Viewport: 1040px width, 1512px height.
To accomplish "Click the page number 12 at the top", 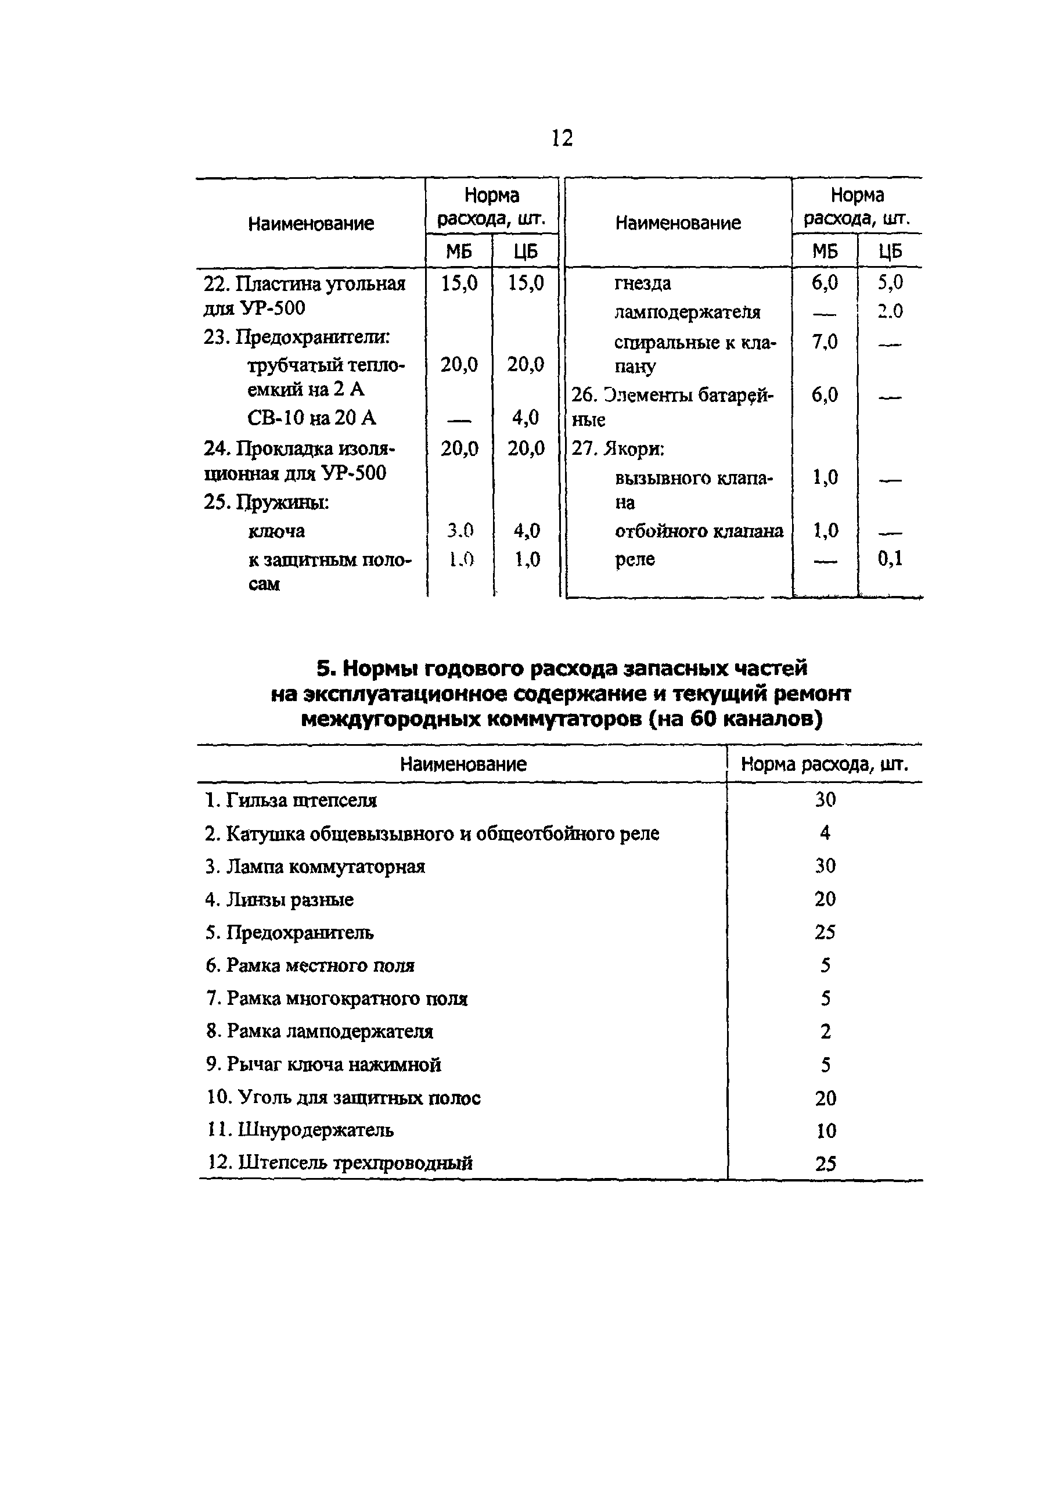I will (x=562, y=138).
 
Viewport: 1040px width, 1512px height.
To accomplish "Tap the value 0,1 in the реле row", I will (x=890, y=559).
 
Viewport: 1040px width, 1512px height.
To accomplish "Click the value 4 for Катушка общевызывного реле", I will (x=825, y=833).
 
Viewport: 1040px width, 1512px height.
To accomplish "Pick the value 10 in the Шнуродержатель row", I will (x=826, y=1131).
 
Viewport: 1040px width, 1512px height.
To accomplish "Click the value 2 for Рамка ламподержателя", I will (x=826, y=1032).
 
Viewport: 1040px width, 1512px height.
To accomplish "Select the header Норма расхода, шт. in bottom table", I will (x=825, y=764).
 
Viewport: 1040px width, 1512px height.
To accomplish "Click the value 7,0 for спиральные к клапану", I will (x=825, y=342).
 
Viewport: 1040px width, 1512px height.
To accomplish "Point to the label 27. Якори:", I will (x=617, y=449).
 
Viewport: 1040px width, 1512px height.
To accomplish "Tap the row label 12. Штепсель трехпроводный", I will (x=340, y=1163).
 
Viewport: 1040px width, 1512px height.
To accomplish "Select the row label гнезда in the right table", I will (x=642, y=283).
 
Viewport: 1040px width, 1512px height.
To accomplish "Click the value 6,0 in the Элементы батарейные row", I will (x=825, y=395).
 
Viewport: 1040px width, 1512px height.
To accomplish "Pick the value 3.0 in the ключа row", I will (x=459, y=531).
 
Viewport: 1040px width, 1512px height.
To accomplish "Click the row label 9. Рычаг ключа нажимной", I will (x=324, y=1064).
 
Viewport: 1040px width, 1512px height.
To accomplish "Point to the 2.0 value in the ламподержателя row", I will (x=890, y=312).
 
